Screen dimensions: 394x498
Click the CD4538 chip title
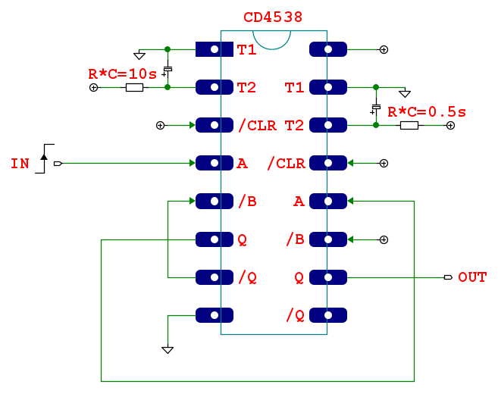click(x=273, y=17)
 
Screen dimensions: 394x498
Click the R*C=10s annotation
click(x=123, y=74)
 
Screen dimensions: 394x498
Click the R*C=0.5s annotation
click(x=427, y=112)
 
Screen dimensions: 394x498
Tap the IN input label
click(x=20, y=163)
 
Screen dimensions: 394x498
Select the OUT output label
click(x=472, y=277)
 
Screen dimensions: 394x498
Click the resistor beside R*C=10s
click(x=134, y=88)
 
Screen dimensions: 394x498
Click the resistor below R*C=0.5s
click(x=409, y=125)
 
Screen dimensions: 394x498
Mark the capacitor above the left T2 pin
click(x=168, y=70)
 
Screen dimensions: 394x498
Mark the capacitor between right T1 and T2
click(x=376, y=108)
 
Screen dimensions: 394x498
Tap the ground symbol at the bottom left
click(x=168, y=349)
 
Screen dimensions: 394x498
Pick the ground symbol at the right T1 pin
click(x=405, y=93)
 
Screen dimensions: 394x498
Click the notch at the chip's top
click(x=272, y=38)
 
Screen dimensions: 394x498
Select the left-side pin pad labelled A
click(x=215, y=163)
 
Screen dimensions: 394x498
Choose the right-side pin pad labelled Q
click(x=328, y=277)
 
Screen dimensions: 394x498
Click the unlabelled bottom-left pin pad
click(x=215, y=315)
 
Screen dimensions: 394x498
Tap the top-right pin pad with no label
click(x=328, y=50)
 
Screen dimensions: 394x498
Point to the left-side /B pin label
click(x=247, y=202)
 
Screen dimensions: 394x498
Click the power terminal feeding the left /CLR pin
click(x=160, y=125)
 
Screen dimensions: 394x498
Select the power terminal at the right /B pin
click(x=384, y=239)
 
